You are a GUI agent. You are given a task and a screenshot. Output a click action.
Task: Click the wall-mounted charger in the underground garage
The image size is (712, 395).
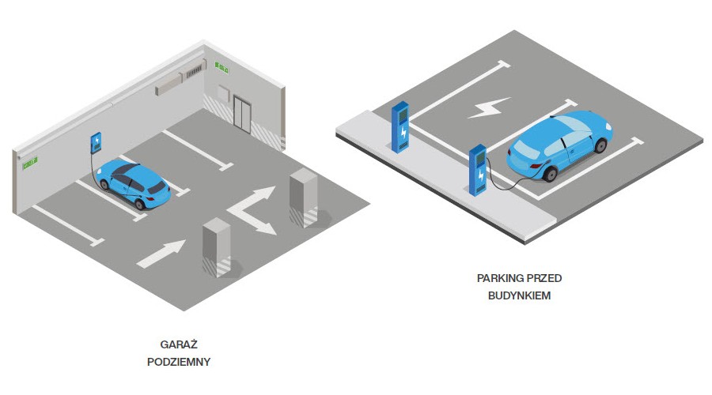point(97,143)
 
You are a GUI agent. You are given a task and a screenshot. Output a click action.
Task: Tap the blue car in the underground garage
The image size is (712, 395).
point(132,182)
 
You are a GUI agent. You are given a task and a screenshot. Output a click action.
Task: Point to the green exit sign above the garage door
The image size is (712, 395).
point(222,69)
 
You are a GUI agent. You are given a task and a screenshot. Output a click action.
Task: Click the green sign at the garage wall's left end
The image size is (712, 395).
point(31,164)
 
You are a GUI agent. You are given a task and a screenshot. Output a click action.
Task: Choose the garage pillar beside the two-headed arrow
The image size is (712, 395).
point(303,197)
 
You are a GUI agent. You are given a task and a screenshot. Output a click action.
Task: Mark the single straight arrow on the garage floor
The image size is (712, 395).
point(161,252)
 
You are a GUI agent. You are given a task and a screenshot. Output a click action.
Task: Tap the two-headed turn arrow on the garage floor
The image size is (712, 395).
point(255,209)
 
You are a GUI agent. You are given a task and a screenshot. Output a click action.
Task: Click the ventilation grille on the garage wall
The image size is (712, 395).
point(193,74)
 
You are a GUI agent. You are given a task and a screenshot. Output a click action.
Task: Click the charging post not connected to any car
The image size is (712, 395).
point(401,126)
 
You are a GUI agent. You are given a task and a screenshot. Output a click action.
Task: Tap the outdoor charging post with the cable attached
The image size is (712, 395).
point(478,169)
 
